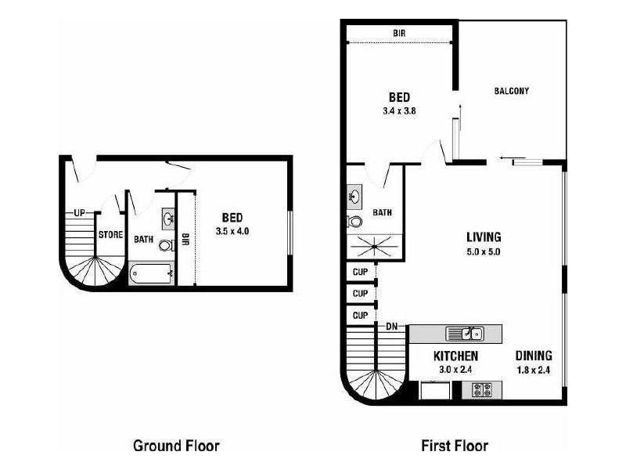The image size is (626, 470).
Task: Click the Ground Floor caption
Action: click(176, 446)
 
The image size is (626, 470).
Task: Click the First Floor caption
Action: click(455, 446)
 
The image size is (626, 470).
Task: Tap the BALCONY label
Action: click(512, 91)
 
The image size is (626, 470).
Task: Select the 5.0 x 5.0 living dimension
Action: click(484, 251)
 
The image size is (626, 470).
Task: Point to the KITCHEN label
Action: click(455, 356)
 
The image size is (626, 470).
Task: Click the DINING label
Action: click(534, 356)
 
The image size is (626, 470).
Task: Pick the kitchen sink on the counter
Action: click(465, 334)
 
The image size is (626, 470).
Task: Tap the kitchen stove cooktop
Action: click(482, 389)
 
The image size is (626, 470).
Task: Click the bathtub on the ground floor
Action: click(151, 273)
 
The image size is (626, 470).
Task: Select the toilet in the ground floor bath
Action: click(167, 245)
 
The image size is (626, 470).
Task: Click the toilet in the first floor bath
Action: click(354, 221)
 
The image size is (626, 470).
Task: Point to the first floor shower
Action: click(374, 247)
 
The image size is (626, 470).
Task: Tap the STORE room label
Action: click(110, 234)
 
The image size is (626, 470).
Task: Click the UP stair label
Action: click(80, 213)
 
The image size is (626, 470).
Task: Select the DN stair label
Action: click(392, 327)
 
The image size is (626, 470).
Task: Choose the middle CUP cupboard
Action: click(360, 293)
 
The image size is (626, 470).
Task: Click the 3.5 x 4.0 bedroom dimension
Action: click(232, 231)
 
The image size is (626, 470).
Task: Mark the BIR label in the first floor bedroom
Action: click(399, 33)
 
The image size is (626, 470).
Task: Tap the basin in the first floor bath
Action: click(354, 197)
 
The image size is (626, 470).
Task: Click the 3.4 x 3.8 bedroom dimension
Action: click(399, 111)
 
